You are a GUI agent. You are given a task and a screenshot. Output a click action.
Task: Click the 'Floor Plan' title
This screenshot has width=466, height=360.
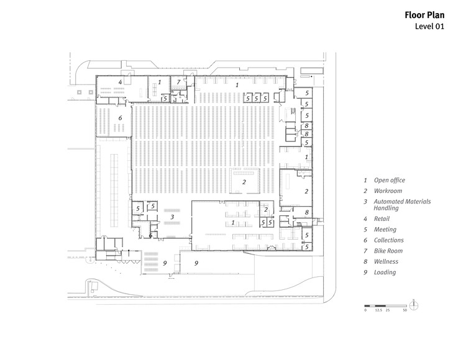click(x=424, y=15)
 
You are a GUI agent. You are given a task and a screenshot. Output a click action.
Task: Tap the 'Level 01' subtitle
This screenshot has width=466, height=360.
click(x=429, y=27)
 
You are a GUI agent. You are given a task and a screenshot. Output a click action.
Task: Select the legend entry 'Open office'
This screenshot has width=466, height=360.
click(x=390, y=180)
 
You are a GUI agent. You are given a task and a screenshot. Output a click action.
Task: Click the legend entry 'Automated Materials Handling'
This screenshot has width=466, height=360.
click(x=402, y=205)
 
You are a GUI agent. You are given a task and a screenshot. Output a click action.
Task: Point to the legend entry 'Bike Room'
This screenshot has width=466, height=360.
click(x=388, y=251)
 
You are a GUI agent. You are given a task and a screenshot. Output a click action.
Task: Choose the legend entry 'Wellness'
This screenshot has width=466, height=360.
click(x=386, y=261)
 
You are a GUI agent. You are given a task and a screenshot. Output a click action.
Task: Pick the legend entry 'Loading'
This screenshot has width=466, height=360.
click(x=385, y=272)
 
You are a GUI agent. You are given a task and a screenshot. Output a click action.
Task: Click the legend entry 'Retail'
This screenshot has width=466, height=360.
click(x=381, y=218)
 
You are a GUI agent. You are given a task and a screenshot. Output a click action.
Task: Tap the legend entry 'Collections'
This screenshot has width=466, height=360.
click(x=389, y=240)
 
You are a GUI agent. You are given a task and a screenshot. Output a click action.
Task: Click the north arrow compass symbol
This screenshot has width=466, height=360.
click(x=413, y=305)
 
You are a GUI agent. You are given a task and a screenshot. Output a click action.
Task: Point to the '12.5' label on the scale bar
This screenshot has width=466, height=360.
click(x=378, y=310)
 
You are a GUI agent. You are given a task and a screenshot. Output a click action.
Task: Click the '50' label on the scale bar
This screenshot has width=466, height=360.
click(x=404, y=310)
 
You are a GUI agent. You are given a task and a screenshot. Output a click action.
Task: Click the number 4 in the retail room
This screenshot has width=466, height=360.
click(x=120, y=82)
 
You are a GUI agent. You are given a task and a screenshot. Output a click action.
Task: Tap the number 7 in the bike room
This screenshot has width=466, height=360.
click(x=178, y=82)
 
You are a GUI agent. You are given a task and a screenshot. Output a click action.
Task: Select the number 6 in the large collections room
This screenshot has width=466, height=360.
click(x=120, y=118)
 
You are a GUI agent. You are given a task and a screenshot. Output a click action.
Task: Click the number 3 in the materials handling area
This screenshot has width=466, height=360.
click(x=172, y=217)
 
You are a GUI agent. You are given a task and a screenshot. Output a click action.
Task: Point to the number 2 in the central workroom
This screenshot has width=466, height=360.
click(x=244, y=182)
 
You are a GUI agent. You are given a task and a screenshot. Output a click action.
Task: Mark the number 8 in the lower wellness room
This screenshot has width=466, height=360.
click(x=307, y=212)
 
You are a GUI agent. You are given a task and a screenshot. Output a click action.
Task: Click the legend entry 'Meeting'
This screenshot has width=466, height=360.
click(x=385, y=230)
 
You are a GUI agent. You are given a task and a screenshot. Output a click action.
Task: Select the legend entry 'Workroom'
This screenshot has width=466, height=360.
click(x=388, y=191)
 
